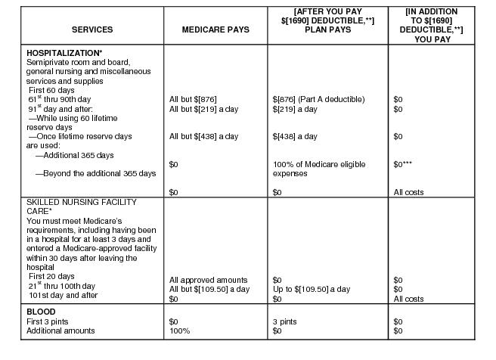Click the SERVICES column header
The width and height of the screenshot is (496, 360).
92,29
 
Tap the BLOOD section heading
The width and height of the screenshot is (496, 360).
41,312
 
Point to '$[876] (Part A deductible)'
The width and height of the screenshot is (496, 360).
318,99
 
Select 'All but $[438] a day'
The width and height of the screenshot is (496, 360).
203,136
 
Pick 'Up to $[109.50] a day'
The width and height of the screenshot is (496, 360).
311,290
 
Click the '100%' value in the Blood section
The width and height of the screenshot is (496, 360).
178,331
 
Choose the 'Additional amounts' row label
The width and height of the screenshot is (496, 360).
61,331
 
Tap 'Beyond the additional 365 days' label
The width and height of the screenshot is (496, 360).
95,173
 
